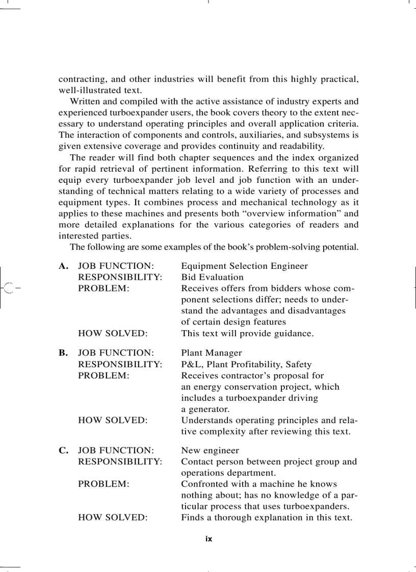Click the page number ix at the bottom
point(209,539)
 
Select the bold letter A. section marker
point(63,266)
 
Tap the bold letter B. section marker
point(63,353)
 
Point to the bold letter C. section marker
point(63,451)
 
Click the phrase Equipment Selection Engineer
point(244,266)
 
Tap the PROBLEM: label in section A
point(103,288)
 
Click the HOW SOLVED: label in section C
point(113,517)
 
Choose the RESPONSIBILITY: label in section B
point(120,365)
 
